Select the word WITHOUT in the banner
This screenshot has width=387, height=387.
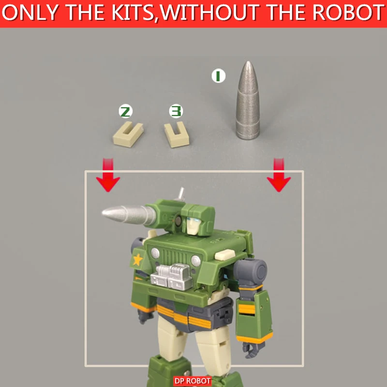(x=211, y=13)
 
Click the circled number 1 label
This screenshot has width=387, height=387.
(x=219, y=76)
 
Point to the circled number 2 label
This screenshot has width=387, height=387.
(x=126, y=112)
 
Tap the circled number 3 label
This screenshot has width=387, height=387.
(x=176, y=111)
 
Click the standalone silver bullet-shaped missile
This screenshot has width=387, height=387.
(x=248, y=100)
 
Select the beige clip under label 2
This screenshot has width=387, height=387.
(x=128, y=135)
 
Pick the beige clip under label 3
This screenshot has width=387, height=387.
(x=177, y=135)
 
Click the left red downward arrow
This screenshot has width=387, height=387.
(x=108, y=175)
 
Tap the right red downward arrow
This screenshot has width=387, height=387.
(x=279, y=175)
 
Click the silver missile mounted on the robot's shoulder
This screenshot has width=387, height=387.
(x=129, y=214)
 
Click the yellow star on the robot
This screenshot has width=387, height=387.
(x=138, y=260)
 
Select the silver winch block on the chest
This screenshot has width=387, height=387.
(x=171, y=277)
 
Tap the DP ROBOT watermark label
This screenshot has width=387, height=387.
(x=192, y=381)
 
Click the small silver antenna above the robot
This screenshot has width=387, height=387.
(x=180, y=194)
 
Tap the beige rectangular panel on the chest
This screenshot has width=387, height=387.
(x=224, y=255)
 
